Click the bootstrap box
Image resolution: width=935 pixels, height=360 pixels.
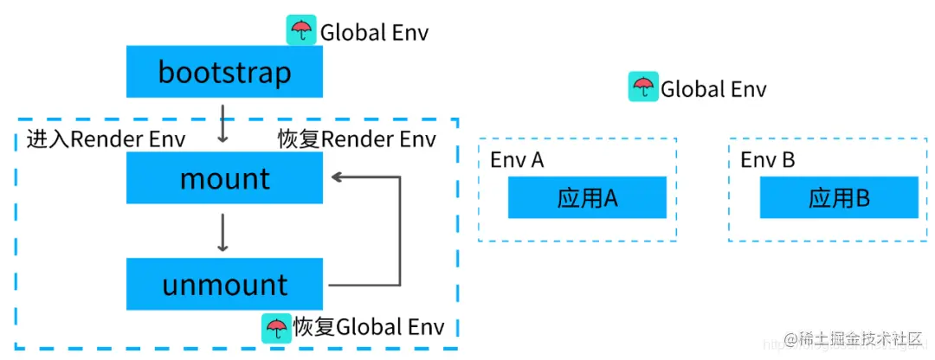tap(224, 72)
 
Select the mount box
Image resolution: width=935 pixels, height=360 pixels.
tap(224, 179)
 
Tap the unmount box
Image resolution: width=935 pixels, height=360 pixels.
tap(224, 284)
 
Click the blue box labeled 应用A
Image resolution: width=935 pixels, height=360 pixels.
tap(587, 198)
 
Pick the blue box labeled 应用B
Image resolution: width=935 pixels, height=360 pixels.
tap(838, 198)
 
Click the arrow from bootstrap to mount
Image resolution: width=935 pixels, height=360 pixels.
tap(223, 123)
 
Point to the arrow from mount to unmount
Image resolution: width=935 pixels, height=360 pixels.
tap(223, 232)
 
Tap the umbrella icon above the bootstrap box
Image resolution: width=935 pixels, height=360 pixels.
tap(301, 31)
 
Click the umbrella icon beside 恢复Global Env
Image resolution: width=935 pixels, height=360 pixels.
tap(276, 327)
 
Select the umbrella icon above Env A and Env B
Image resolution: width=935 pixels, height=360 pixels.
tap(642, 87)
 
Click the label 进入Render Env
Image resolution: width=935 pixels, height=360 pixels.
tap(106, 139)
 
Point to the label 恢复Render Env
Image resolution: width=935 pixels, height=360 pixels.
tap(356, 139)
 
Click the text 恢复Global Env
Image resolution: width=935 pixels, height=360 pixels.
tap(368, 327)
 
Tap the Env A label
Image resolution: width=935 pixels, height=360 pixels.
tap(517, 160)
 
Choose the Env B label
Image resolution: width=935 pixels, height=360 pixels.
tap(767, 160)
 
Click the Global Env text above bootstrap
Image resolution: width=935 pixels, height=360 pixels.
tap(374, 33)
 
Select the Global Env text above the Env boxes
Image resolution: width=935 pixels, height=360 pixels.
tap(713, 89)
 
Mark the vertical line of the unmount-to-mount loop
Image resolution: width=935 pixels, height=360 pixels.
tap(400, 231)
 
